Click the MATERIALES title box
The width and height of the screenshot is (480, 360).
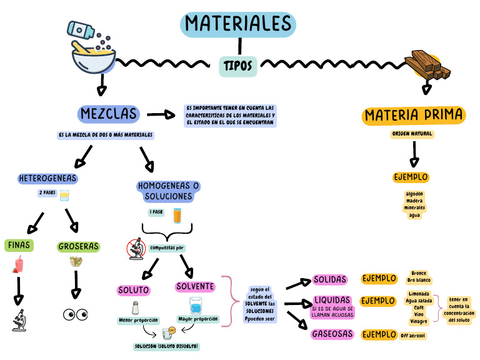pyautogui.click(x=238, y=24)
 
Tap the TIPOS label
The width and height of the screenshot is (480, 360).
pyautogui.click(x=238, y=65)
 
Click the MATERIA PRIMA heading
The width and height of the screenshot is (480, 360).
pyautogui.click(x=414, y=116)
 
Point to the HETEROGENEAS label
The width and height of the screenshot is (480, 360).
pyautogui.click(x=48, y=179)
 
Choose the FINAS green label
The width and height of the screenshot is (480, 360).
pyautogui.click(x=19, y=244)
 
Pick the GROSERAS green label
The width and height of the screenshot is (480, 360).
pyautogui.click(x=79, y=246)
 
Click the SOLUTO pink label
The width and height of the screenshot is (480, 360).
pyautogui.click(x=134, y=291)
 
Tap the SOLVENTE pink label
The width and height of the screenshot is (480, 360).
pyautogui.click(x=195, y=287)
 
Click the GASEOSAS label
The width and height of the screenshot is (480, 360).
pyautogui.click(x=333, y=334)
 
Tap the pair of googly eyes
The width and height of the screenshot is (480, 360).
pyautogui.click(x=76, y=314)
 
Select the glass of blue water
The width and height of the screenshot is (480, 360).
pyautogui.click(x=196, y=306)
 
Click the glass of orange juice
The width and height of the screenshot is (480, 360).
pyautogui.click(x=177, y=216)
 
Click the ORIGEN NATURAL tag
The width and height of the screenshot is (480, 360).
pyautogui.click(x=412, y=134)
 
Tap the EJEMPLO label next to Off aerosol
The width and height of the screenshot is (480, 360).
pyautogui.click(x=379, y=334)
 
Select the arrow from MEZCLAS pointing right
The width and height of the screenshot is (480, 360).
pyautogui.click(x=162, y=114)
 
